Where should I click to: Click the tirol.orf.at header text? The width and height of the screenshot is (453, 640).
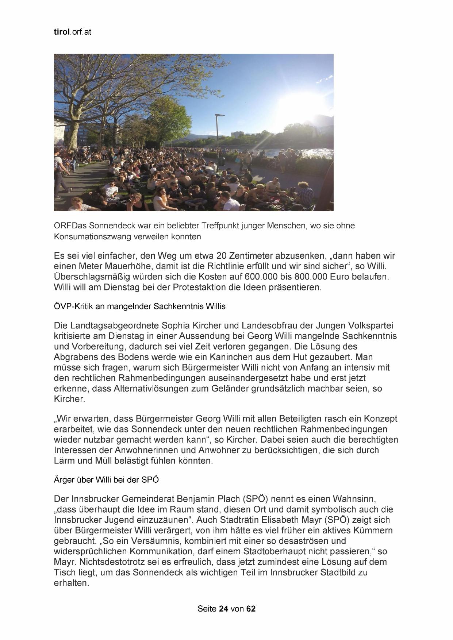click(72, 32)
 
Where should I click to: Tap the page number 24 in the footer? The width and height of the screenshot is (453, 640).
click(223, 608)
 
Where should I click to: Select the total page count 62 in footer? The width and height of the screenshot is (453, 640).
click(251, 608)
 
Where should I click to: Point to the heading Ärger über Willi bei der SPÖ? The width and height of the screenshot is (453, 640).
click(106, 480)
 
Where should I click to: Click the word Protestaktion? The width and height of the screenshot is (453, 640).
click(200, 287)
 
